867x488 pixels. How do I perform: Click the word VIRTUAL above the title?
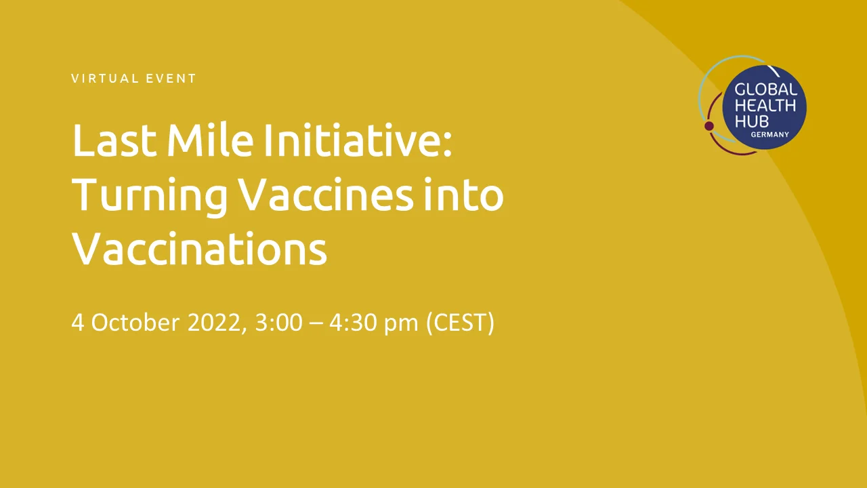[x=105, y=79]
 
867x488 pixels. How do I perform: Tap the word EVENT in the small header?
[x=171, y=79]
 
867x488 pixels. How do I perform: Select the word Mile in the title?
[x=210, y=140]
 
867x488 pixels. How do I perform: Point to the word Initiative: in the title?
[x=358, y=140]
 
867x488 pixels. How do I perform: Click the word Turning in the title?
[x=150, y=196]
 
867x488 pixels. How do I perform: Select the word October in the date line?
[x=135, y=322]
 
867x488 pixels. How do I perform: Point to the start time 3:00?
[x=278, y=322]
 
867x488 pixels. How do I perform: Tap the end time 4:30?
[x=353, y=322]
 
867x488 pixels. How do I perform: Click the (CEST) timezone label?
[x=460, y=323]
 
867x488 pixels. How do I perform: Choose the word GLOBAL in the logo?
[x=766, y=90]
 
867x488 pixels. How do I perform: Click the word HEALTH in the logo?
[x=765, y=106]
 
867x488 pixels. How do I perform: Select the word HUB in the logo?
[x=752, y=121]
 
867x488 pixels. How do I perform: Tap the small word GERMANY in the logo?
[x=770, y=135]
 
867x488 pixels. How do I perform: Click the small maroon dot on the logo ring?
[x=709, y=126]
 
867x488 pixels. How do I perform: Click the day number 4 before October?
[x=77, y=322]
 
